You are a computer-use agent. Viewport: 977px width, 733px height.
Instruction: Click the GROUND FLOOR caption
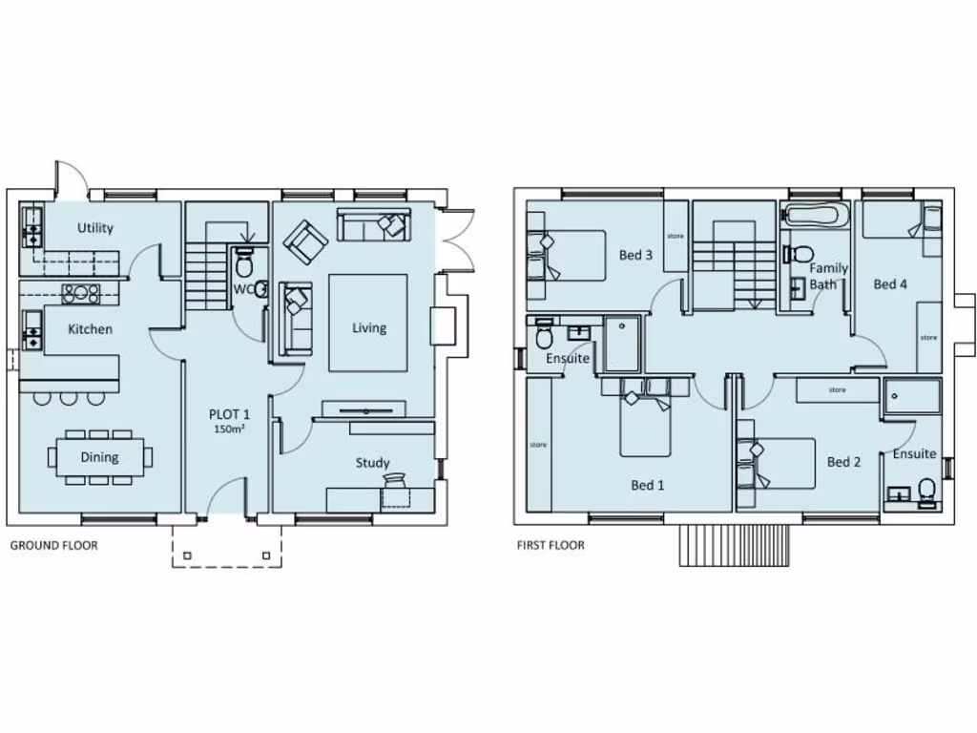[x=53, y=546]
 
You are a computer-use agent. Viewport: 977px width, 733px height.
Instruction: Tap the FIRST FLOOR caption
[x=551, y=546]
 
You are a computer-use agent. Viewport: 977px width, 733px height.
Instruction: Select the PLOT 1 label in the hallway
[x=229, y=414]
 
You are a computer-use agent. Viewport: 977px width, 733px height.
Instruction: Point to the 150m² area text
[x=229, y=430]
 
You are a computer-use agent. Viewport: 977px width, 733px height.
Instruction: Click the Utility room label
[x=95, y=227]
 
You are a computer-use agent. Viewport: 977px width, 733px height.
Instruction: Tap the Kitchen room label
[x=90, y=329]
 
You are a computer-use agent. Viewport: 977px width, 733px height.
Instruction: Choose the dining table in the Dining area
[x=99, y=457]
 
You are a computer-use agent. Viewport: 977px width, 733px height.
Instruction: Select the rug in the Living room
[x=368, y=323]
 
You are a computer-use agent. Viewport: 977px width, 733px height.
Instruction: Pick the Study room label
[x=372, y=463]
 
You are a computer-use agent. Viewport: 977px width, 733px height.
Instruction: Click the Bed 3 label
[x=635, y=255]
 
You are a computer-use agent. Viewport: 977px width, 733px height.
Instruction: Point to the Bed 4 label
[x=889, y=283]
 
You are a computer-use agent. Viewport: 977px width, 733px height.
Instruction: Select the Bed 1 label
[x=648, y=485]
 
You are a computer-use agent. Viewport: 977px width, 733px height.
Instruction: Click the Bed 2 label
[x=843, y=462]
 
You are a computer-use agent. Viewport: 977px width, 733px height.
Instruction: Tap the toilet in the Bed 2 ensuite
[x=925, y=491]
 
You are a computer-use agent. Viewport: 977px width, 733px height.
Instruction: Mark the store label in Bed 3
[x=676, y=236]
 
